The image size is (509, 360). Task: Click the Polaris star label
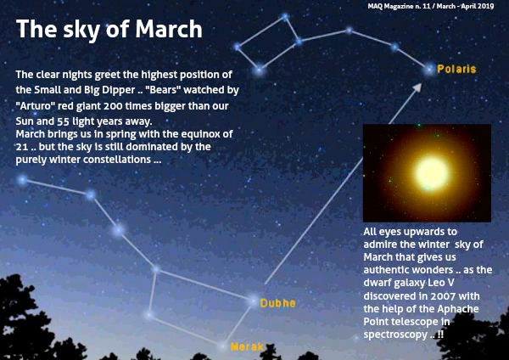click(456, 69)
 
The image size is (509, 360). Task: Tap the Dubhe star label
click(278, 303)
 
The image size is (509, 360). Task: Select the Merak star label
click(247, 347)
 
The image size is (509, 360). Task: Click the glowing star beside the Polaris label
click(429, 70)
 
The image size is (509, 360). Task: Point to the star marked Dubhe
click(253, 301)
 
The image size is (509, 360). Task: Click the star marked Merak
click(223, 346)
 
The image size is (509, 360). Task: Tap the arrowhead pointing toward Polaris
click(417, 87)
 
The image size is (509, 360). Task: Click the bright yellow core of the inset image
click(432, 173)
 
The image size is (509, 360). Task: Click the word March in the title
click(169, 29)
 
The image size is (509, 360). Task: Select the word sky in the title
click(81, 31)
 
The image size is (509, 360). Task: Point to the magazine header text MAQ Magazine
click(391, 6)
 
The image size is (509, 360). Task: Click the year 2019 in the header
click(485, 6)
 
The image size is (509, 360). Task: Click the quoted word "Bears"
click(163, 90)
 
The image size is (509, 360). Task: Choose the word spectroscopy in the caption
click(395, 335)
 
